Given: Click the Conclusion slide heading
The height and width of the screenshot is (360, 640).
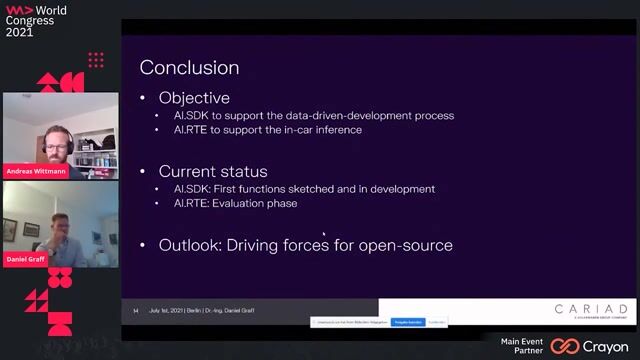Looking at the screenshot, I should point(189,68).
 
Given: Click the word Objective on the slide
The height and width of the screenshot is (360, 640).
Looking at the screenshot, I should point(194,98).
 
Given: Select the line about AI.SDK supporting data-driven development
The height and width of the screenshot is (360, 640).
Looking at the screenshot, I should point(314,115).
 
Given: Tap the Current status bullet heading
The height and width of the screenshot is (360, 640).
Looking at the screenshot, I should point(212,172).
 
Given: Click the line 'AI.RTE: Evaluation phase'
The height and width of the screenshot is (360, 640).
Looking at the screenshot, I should point(235,203).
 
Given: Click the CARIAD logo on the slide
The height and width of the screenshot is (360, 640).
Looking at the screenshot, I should point(592,309).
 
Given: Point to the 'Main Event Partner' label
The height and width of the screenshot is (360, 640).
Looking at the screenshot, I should point(524,345).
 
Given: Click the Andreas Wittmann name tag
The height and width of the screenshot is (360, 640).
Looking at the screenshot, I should point(37,170).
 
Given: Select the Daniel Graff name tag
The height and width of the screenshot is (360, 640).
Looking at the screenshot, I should point(27,259).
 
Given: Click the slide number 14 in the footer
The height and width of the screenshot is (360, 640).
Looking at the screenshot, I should point(135,310).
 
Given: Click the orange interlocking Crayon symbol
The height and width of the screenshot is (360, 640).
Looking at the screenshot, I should point(565,346).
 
